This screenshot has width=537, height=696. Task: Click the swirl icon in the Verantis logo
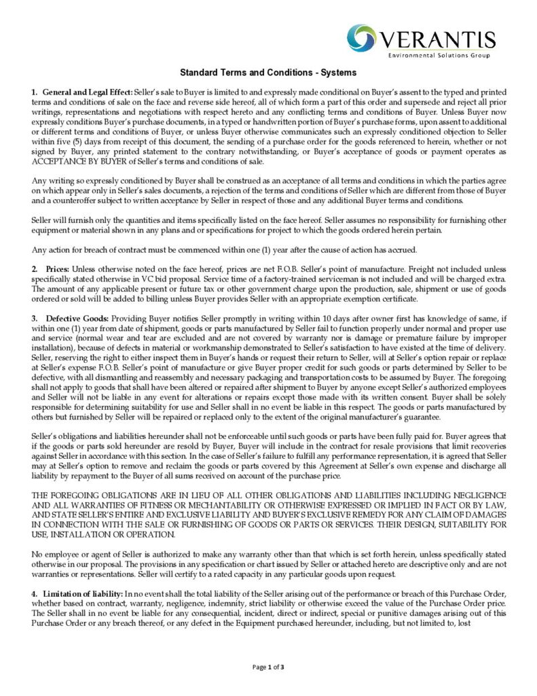[362, 38]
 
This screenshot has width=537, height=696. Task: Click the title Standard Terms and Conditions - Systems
[268, 72]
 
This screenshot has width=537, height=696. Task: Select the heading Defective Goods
[77, 319]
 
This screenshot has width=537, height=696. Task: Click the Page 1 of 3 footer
[268, 667]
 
